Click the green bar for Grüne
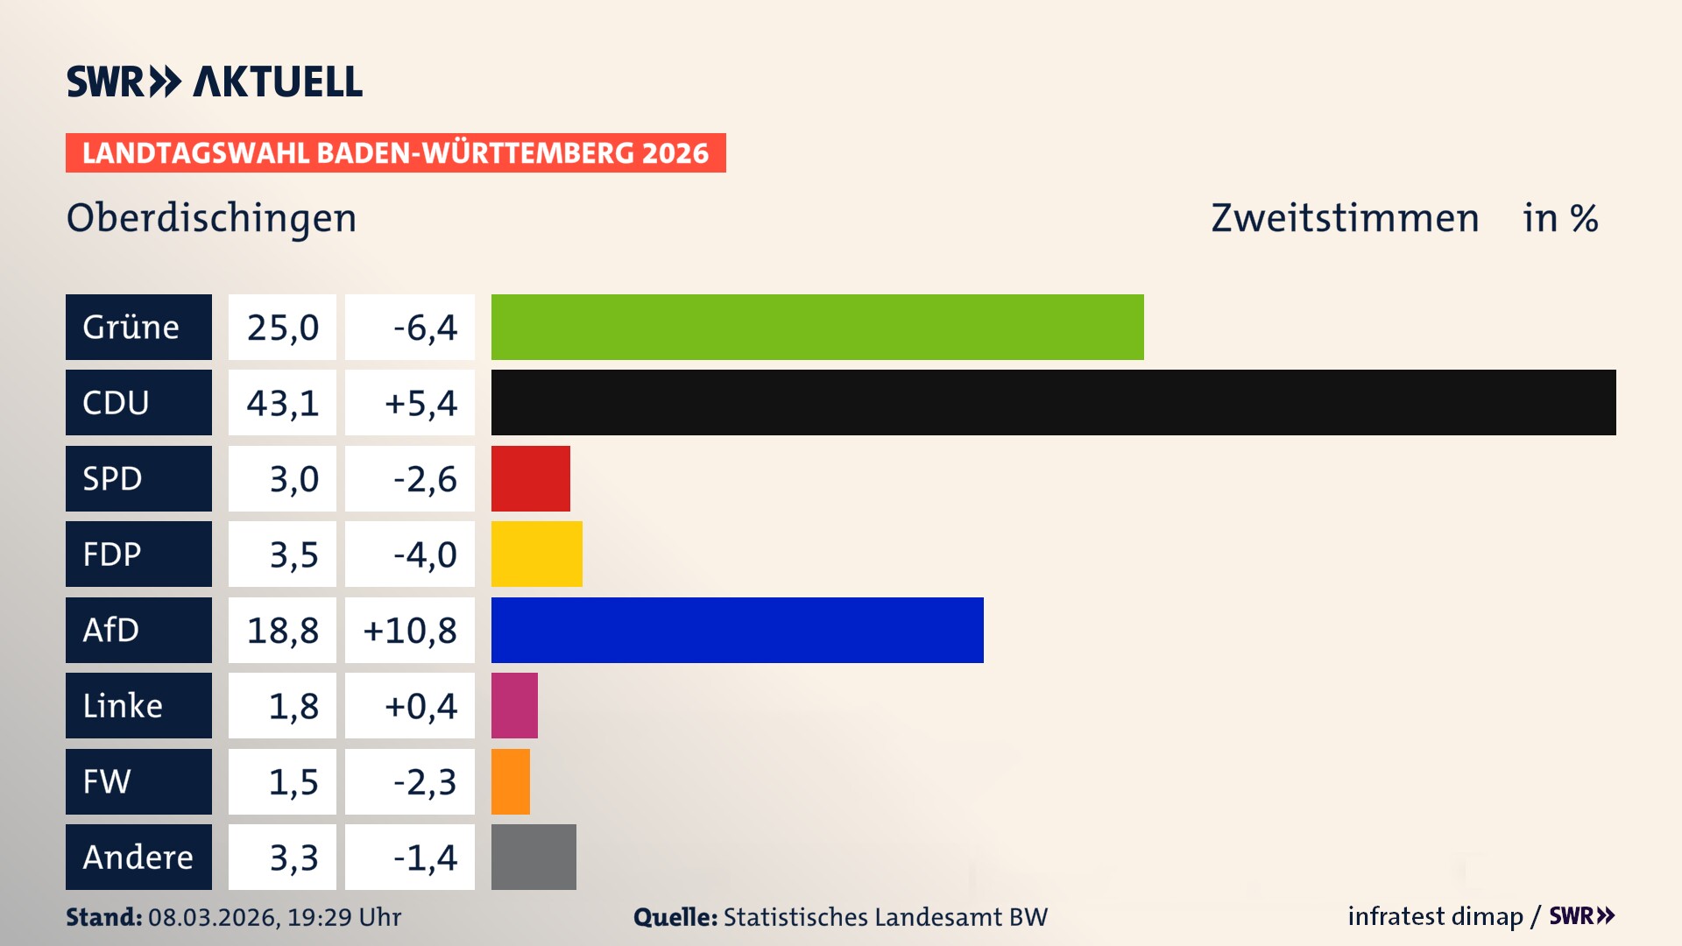click(817, 327)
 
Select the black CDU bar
click(1053, 402)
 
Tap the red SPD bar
click(530, 478)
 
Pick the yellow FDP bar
click(536, 554)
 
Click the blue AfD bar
click(737, 630)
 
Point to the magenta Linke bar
click(514, 705)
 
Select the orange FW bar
click(510, 781)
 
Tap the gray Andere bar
click(534, 857)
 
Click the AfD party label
click(138, 630)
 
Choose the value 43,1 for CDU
click(282, 403)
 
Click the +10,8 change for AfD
click(410, 630)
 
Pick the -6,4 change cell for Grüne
click(410, 327)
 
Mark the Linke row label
click(138, 705)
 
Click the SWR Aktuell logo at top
click(214, 81)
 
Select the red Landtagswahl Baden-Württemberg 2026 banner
click(395, 152)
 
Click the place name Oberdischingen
click(211, 218)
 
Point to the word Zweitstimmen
click(1345, 218)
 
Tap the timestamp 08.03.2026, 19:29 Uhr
click(274, 917)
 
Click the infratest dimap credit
click(1435, 916)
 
